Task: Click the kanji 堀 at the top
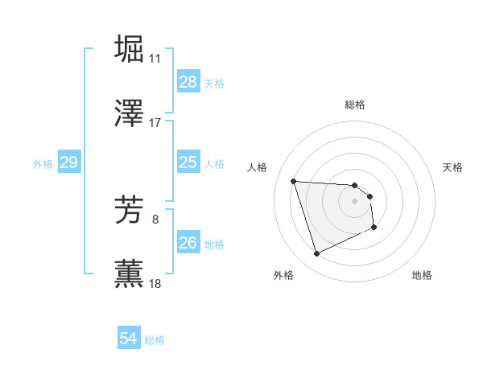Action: [130, 48]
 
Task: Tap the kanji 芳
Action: [130, 210]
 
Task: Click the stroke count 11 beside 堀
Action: [155, 59]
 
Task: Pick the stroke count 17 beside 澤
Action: [155, 123]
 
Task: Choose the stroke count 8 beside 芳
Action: [156, 219]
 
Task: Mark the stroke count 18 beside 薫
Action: [155, 284]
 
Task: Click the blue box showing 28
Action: [188, 82]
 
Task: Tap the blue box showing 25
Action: [188, 163]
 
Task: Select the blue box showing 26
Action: [188, 243]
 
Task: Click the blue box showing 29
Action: [68, 163]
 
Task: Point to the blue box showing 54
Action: [129, 339]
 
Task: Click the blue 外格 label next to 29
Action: [43, 164]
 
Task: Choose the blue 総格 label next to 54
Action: [155, 340]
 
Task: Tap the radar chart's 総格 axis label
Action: [355, 105]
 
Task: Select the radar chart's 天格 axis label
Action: [453, 167]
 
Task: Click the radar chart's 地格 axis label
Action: [422, 275]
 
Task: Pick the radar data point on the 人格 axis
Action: [294, 181]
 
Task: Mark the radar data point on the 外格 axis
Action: [316, 254]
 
